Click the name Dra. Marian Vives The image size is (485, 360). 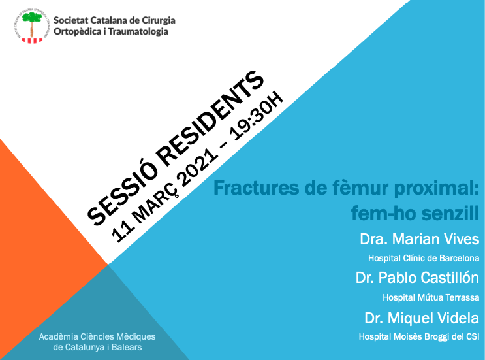(x=419, y=238)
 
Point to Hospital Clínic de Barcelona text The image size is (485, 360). (x=424, y=258)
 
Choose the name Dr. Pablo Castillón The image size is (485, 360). (x=417, y=278)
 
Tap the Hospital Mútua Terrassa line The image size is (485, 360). (x=431, y=297)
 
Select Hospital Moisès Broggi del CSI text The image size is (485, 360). (x=419, y=336)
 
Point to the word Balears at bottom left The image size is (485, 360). (x=124, y=348)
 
